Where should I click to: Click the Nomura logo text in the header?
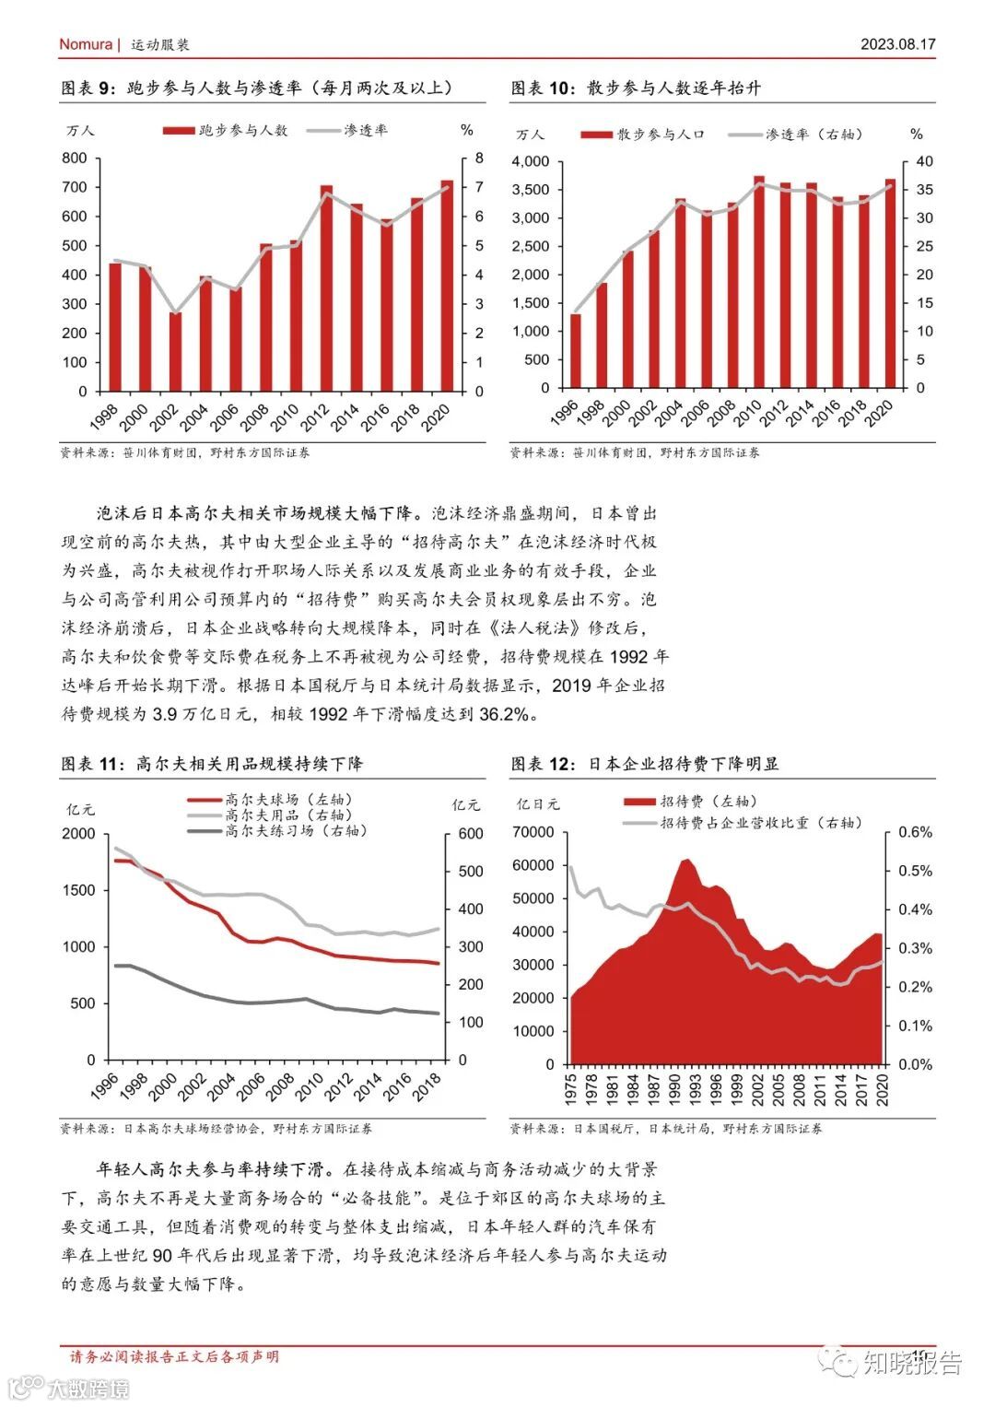(x=85, y=44)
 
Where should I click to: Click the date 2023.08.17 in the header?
(x=897, y=44)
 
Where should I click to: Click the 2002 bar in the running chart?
(x=175, y=352)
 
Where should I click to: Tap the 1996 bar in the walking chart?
(x=575, y=351)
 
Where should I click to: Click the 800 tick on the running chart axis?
(x=75, y=158)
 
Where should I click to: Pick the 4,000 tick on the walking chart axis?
(x=530, y=162)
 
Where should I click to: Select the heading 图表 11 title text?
(x=212, y=764)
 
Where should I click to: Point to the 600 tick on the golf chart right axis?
(x=470, y=834)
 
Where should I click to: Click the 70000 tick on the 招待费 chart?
(x=534, y=832)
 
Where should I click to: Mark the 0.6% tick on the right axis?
(x=914, y=832)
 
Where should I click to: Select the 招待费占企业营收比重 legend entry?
(x=759, y=822)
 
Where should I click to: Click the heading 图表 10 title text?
(x=636, y=88)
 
